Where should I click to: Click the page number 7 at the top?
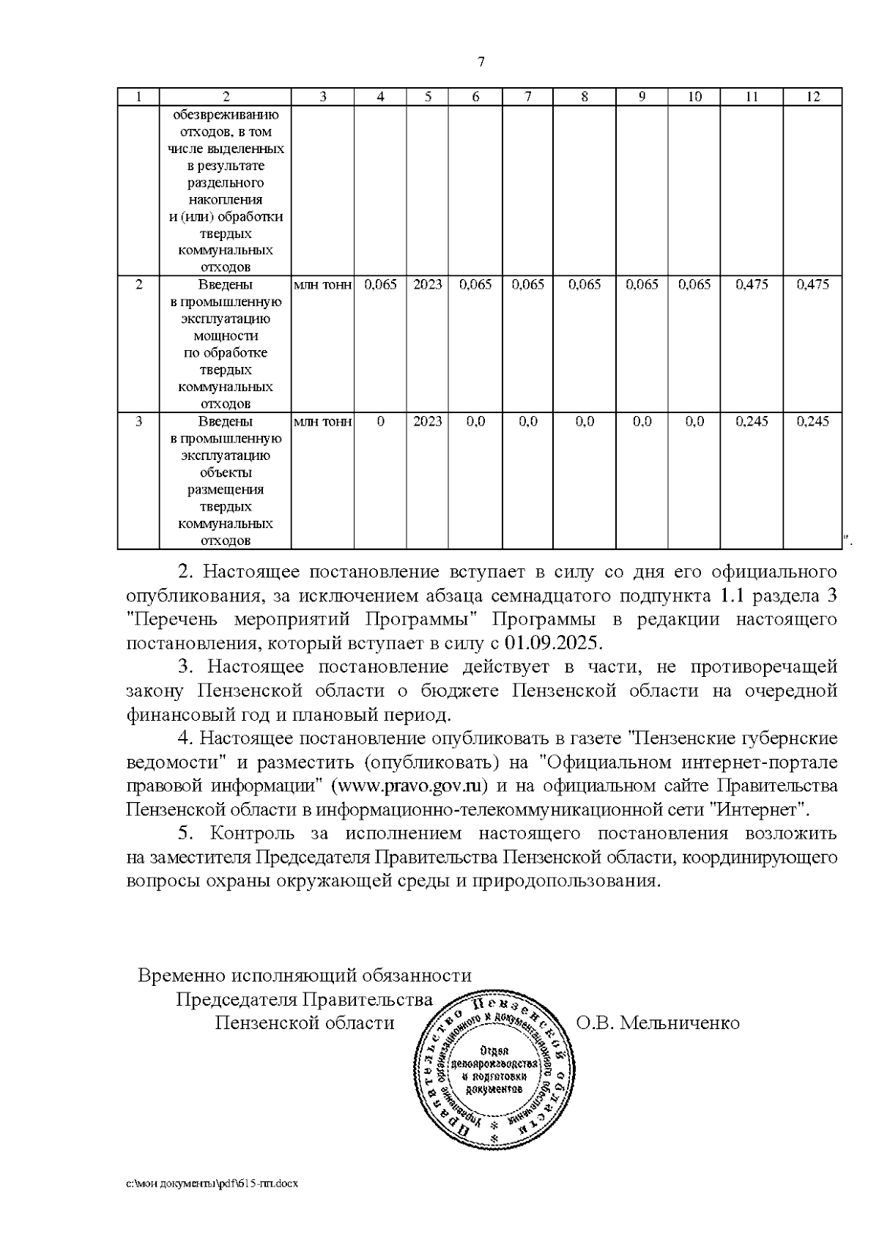tap(481, 62)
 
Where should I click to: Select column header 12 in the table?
tap(812, 97)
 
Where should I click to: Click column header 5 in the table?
tap(428, 97)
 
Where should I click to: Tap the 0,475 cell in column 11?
tap(752, 285)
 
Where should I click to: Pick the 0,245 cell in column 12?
tap(812, 422)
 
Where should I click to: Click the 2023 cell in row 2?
tap(428, 285)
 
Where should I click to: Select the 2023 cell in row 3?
tap(428, 422)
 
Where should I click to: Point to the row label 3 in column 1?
tap(139, 422)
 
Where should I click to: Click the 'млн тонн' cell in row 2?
tap(322, 285)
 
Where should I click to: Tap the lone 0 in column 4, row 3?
tap(380, 422)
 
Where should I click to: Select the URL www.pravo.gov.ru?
tap(409, 787)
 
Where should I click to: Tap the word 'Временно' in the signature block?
tap(181, 976)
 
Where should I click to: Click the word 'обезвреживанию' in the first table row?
tap(226, 115)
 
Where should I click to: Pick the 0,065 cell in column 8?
tap(585, 285)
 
